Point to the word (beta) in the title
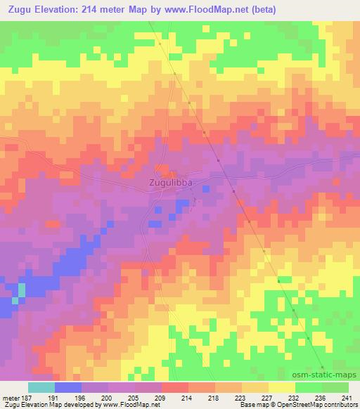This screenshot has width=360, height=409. coord(259,10)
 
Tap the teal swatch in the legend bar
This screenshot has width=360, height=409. coord(41,387)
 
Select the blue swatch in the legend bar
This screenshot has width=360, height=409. coord(68,387)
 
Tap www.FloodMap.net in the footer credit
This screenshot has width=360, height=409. coord(131,405)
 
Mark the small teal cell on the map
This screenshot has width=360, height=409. coord(21,289)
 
